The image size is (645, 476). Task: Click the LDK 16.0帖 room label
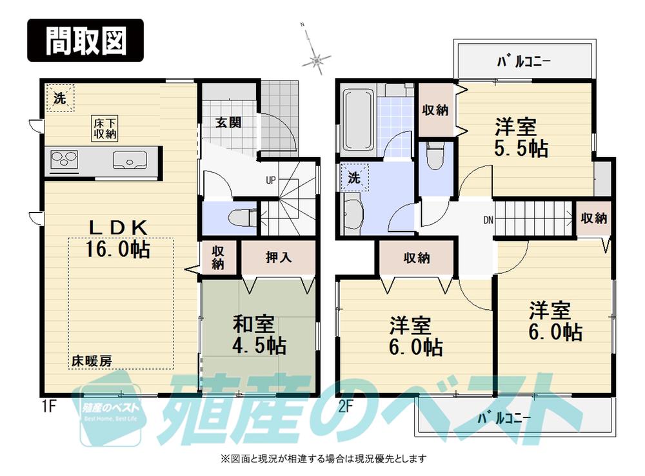(119, 238)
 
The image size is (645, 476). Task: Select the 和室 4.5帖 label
(259, 334)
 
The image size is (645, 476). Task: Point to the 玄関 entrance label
(228, 122)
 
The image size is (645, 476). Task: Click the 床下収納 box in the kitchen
(103, 129)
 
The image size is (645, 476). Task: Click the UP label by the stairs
(271, 180)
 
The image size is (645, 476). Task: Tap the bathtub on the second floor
(356, 119)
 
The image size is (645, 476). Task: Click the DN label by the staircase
(488, 220)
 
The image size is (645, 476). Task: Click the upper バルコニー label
(523, 62)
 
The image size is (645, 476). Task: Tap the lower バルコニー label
(504, 418)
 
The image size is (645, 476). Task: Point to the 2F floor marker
(346, 406)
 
